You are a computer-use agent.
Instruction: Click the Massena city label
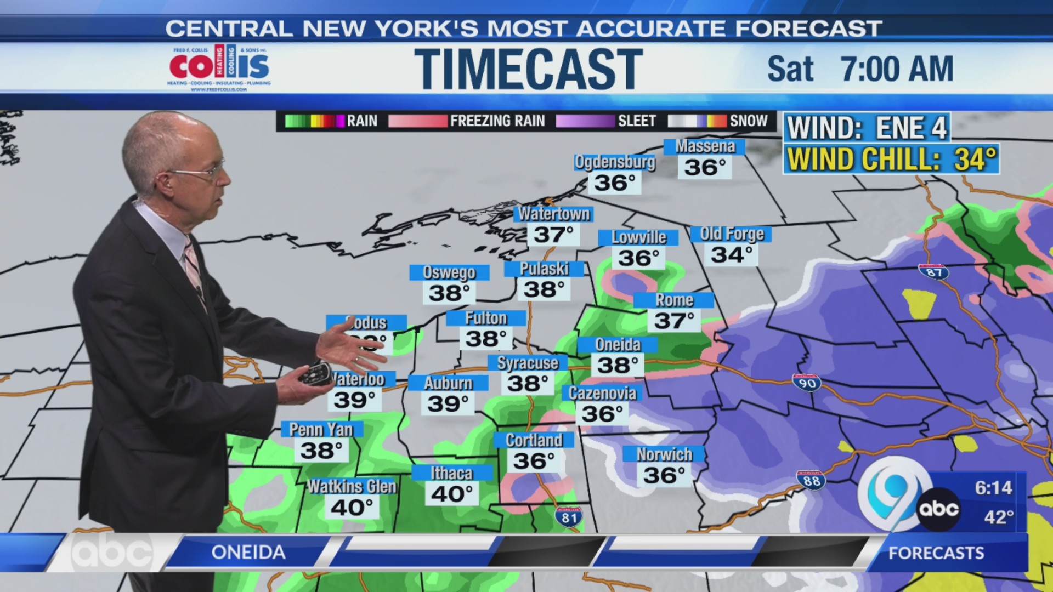coord(704,147)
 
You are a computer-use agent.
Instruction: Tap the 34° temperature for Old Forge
coord(731,255)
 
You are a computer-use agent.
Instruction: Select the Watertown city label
coord(554,214)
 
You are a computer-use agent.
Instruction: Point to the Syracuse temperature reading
coord(527,384)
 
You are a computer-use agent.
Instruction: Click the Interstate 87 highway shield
coord(934,272)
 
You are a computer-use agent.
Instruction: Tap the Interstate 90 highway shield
coord(807,383)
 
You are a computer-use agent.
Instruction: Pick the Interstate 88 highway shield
coord(811,480)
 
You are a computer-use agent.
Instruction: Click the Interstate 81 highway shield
coord(569,517)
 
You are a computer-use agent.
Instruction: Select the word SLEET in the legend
coord(637,121)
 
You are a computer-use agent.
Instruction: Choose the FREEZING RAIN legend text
coord(497,121)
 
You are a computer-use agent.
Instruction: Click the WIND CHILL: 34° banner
coord(891,160)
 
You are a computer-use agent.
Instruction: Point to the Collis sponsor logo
coord(219,69)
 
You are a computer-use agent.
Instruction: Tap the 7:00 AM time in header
coord(897,69)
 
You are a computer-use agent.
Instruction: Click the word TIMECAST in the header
coord(528,69)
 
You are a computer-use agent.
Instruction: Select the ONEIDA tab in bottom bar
coord(248,552)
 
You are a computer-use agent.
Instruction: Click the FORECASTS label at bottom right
coord(936,553)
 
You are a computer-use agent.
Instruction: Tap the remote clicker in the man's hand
coord(315,373)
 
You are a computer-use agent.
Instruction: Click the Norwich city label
coord(664,454)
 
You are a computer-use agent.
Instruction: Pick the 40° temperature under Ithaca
coord(452,494)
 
